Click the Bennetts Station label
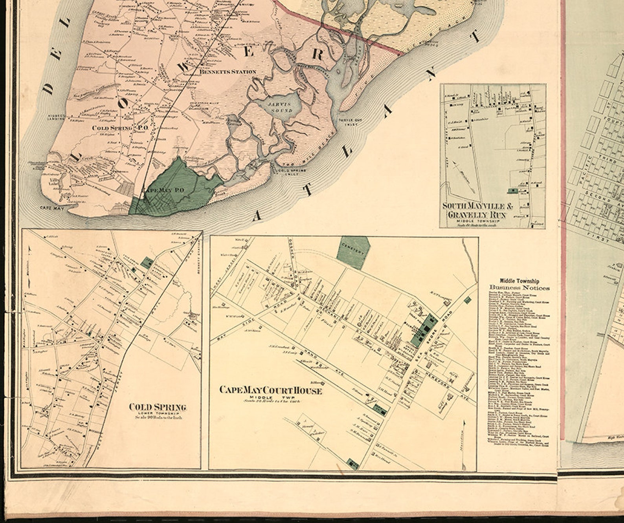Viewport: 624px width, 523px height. click(228, 72)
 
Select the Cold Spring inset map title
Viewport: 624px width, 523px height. click(157, 407)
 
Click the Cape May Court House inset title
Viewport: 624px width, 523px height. click(270, 390)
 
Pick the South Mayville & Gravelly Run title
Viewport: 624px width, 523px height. click(474, 211)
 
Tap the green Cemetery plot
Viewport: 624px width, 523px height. click(353, 252)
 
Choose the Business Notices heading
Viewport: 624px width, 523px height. click(519, 287)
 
